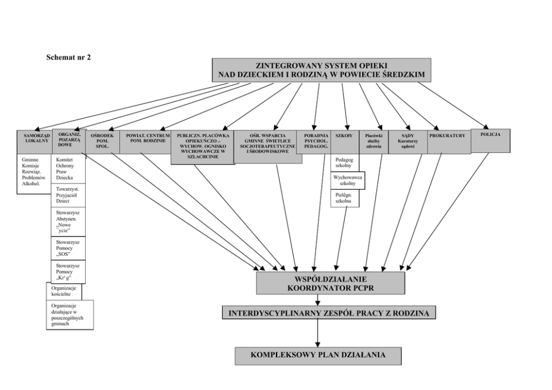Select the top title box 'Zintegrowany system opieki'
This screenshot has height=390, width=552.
[x=322, y=70]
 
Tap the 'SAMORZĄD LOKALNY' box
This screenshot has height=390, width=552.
[x=33, y=141]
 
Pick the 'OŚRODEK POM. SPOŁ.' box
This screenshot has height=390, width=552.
[x=102, y=142]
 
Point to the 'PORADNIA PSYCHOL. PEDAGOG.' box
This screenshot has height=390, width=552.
[x=316, y=142]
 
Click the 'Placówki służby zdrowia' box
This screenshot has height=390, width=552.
[x=373, y=142]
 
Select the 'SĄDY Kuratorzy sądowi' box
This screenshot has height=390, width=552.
[x=407, y=142]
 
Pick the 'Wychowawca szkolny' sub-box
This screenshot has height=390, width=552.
[x=348, y=180]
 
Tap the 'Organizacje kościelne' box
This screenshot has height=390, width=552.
[x=64, y=291]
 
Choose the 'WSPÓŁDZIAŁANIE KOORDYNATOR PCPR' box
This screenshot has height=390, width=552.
[x=330, y=283]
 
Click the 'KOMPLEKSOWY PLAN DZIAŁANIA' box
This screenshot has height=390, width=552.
[x=318, y=354]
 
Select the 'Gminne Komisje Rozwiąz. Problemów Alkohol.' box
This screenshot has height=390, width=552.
[x=33, y=174]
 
